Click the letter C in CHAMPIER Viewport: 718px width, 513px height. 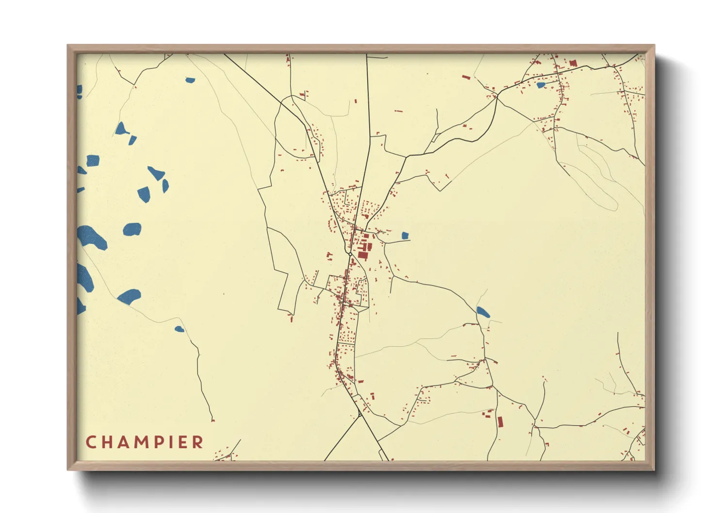click(91, 442)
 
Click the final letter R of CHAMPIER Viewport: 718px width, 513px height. click(197, 442)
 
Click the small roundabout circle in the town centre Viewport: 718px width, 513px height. click(350, 254)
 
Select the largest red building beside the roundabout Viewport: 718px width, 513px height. click(362, 255)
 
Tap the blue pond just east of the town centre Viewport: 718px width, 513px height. click(405, 236)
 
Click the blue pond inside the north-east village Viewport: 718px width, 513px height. click(540, 85)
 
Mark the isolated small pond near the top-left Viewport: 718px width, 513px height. click(190, 80)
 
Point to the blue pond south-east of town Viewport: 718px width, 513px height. click(483, 312)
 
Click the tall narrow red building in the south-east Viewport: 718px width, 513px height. click(500, 421)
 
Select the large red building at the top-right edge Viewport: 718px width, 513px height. click(573, 63)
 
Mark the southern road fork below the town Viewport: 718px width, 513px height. click(360, 415)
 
